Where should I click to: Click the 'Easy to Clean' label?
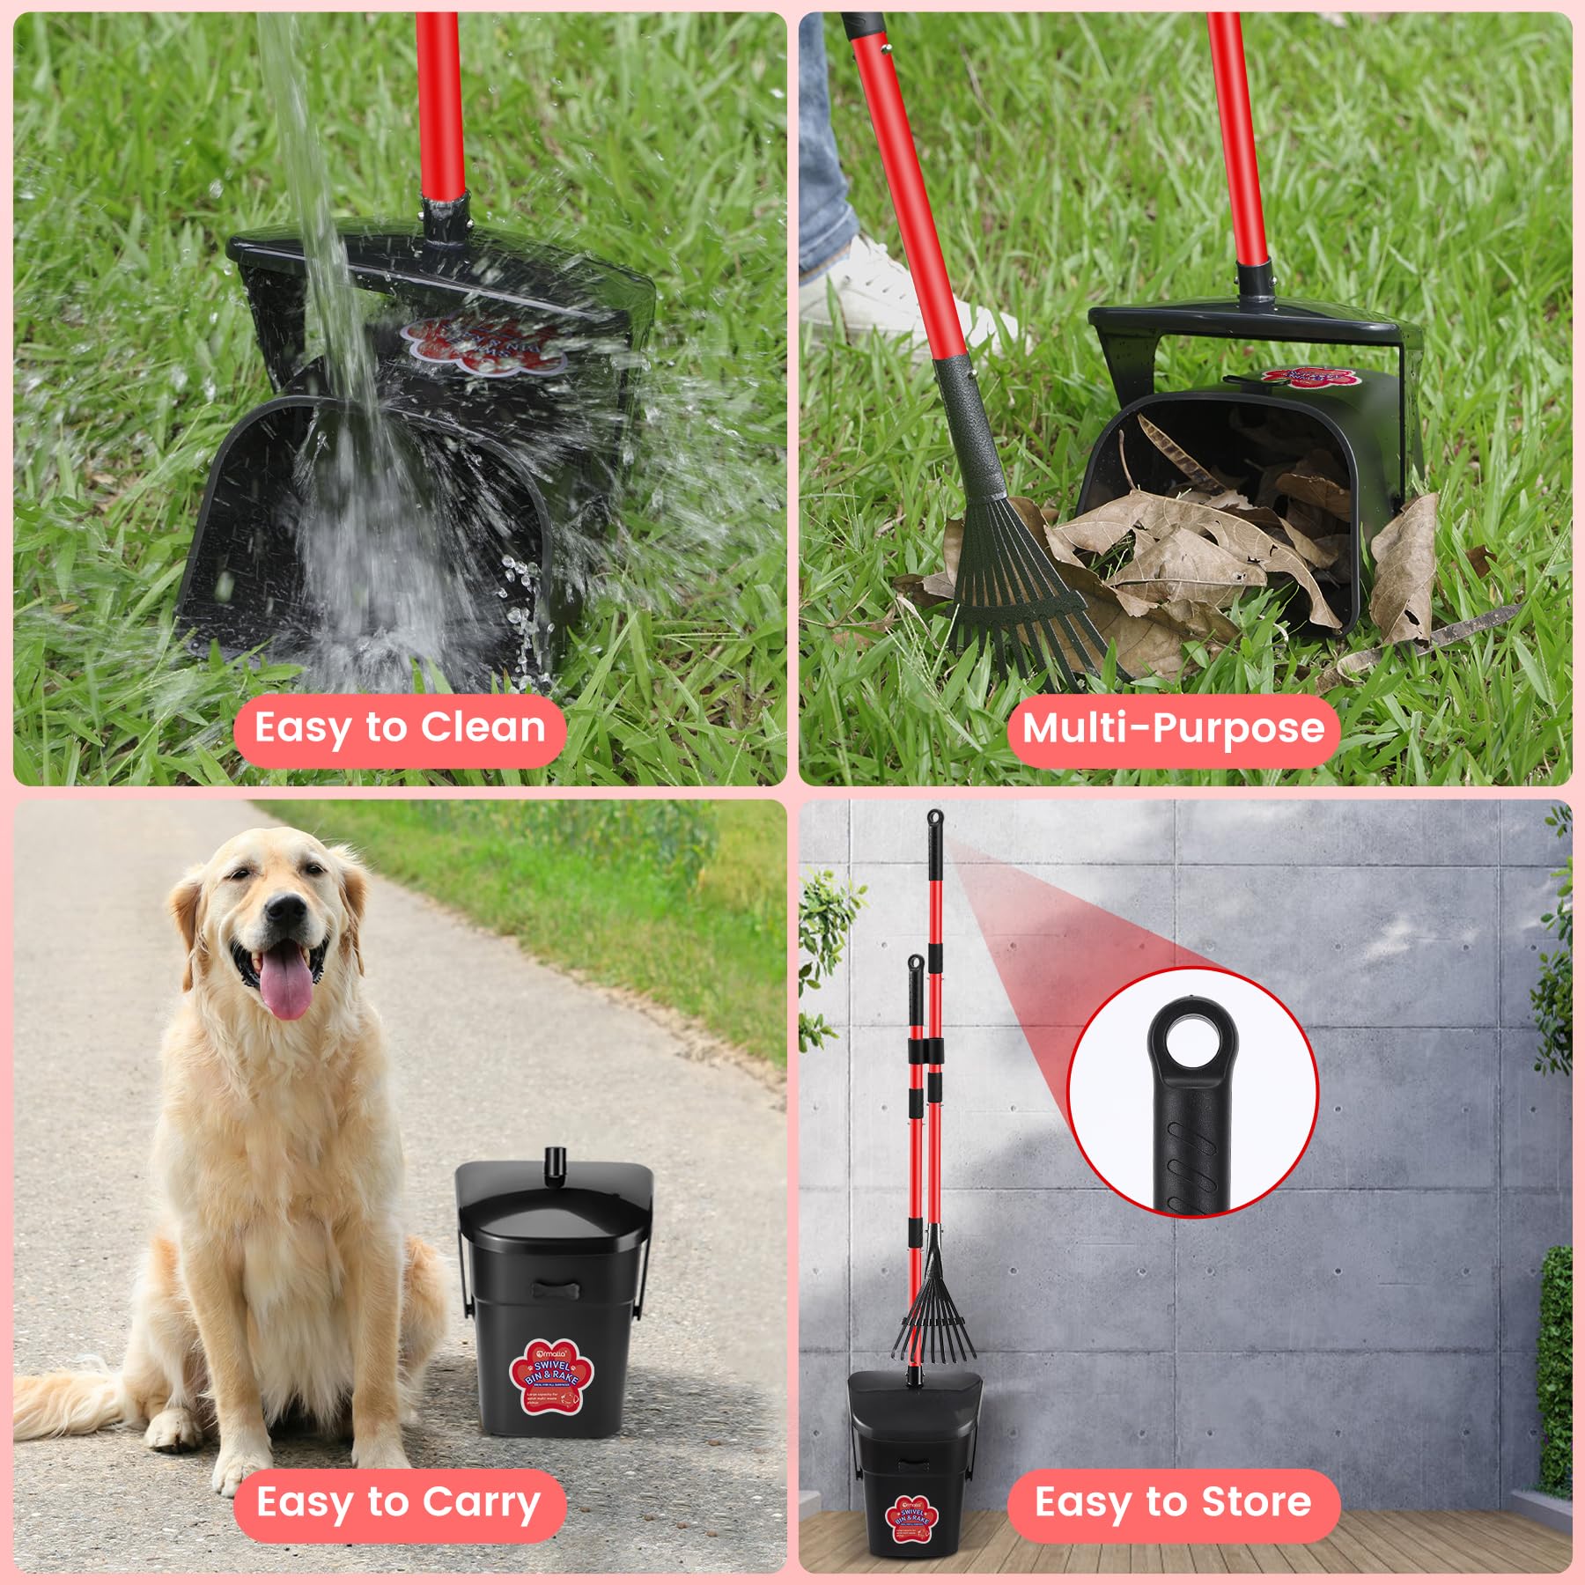coord(399,729)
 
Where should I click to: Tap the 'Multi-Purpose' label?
coord(1173,729)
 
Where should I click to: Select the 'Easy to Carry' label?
coord(399,1502)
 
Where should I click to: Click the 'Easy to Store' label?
coord(1173,1502)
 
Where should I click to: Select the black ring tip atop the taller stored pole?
coord(932,819)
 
